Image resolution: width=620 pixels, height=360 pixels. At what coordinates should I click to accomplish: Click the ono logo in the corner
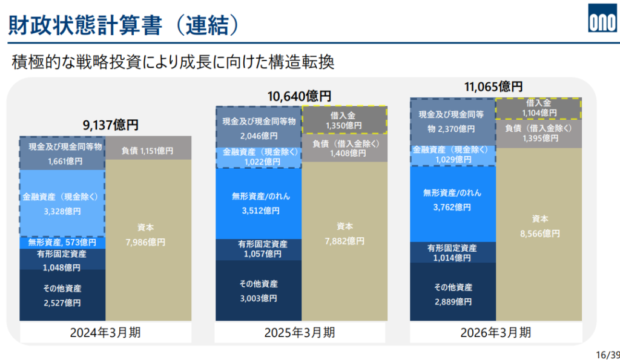[603, 18]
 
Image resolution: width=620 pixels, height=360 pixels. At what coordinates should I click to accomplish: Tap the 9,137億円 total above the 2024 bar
[110, 125]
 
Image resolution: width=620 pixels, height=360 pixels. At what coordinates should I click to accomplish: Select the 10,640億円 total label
[299, 96]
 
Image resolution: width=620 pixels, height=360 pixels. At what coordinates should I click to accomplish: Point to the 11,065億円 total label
[493, 87]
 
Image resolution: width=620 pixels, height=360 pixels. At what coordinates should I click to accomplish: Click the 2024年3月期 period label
[105, 332]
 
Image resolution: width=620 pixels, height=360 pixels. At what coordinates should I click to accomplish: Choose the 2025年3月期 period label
[300, 332]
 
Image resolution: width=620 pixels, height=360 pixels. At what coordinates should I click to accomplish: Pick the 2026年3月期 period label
[495, 332]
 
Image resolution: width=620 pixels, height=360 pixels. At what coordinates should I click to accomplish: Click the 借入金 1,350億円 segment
[344, 120]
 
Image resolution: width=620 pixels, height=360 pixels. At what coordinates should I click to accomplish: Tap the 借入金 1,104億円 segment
[538, 108]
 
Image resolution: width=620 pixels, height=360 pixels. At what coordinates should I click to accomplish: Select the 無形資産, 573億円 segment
[62, 242]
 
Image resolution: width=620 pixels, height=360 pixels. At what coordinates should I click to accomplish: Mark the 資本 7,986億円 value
[145, 235]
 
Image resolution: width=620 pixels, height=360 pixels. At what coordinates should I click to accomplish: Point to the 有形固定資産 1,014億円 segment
[453, 252]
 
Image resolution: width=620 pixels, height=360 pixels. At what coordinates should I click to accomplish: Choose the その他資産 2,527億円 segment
[62, 295]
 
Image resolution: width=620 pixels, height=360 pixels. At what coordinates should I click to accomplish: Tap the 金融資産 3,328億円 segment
[62, 203]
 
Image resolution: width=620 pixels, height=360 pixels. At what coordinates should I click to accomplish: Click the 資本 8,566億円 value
[539, 226]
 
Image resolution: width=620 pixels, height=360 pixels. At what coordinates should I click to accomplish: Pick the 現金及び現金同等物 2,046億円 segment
[259, 127]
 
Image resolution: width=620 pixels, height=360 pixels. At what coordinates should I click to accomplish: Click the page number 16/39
[608, 355]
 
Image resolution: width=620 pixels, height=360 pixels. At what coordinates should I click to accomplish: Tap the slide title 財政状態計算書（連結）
[124, 25]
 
